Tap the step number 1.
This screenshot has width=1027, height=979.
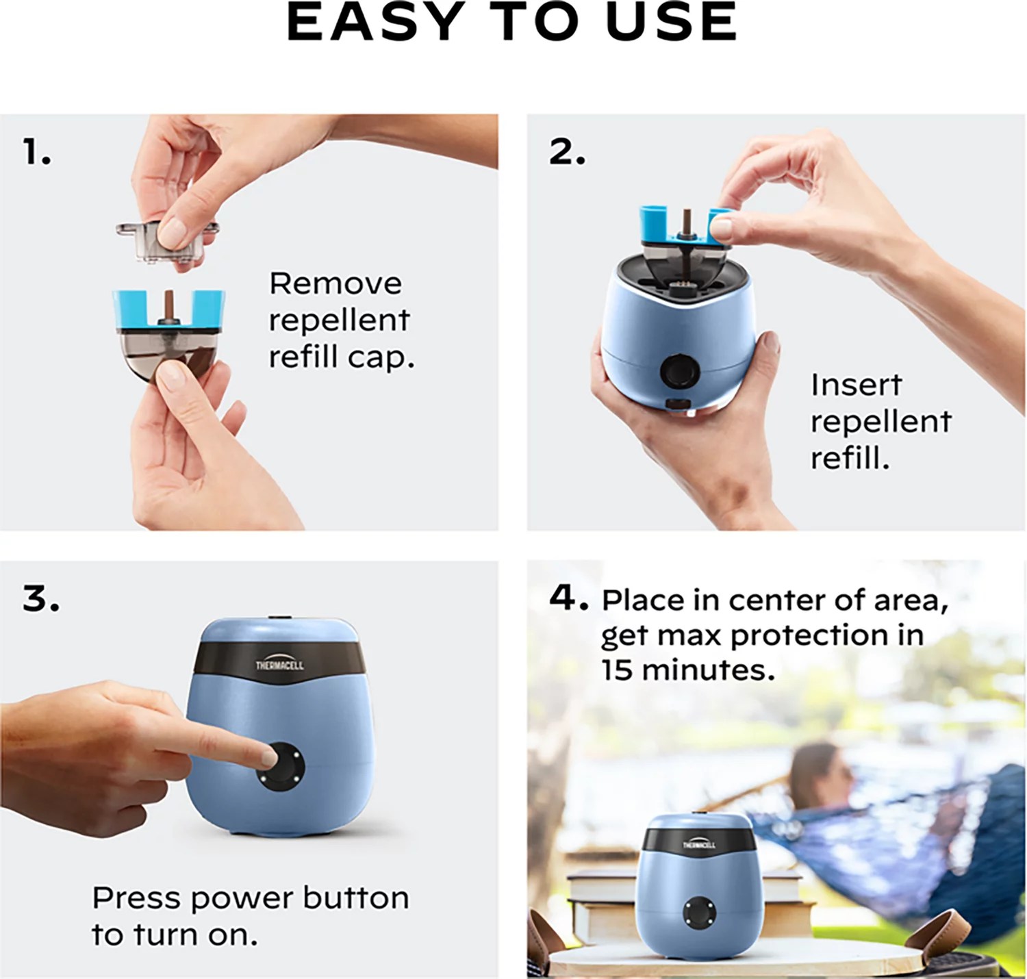pos(36,152)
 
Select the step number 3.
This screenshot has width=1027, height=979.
pos(40,599)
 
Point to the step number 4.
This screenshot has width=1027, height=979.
pos(568,598)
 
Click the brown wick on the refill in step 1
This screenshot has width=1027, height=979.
pos(168,304)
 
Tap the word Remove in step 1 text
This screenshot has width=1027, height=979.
pos(335,283)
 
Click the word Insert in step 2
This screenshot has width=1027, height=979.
pos(856,385)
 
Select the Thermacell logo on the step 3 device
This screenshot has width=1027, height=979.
pos(279,665)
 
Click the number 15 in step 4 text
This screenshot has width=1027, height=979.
pos(617,670)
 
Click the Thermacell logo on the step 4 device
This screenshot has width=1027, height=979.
pos(698,844)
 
